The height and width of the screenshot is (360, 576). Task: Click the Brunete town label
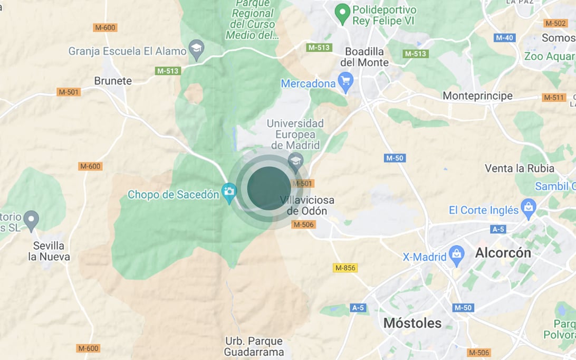point(113,81)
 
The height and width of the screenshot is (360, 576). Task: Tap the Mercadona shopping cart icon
point(345,82)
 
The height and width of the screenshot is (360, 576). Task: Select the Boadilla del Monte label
point(364,57)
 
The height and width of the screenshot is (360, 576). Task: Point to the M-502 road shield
point(555,23)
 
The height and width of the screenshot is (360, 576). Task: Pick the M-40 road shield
point(504,37)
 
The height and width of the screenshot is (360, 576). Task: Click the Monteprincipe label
point(477,96)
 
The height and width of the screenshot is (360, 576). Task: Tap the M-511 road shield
point(554,97)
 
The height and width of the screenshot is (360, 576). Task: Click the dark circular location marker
point(269,188)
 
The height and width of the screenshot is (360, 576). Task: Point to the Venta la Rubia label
point(520,168)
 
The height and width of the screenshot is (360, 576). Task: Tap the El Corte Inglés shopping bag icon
point(528,209)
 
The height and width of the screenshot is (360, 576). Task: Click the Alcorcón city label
point(503,253)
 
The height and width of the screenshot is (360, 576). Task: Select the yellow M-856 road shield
point(345,268)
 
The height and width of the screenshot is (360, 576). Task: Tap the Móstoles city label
point(412,323)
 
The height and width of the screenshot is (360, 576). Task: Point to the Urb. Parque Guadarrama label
point(254,346)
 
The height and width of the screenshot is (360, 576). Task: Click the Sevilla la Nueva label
point(49,251)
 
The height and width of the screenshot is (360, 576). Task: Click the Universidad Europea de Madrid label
point(295,134)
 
